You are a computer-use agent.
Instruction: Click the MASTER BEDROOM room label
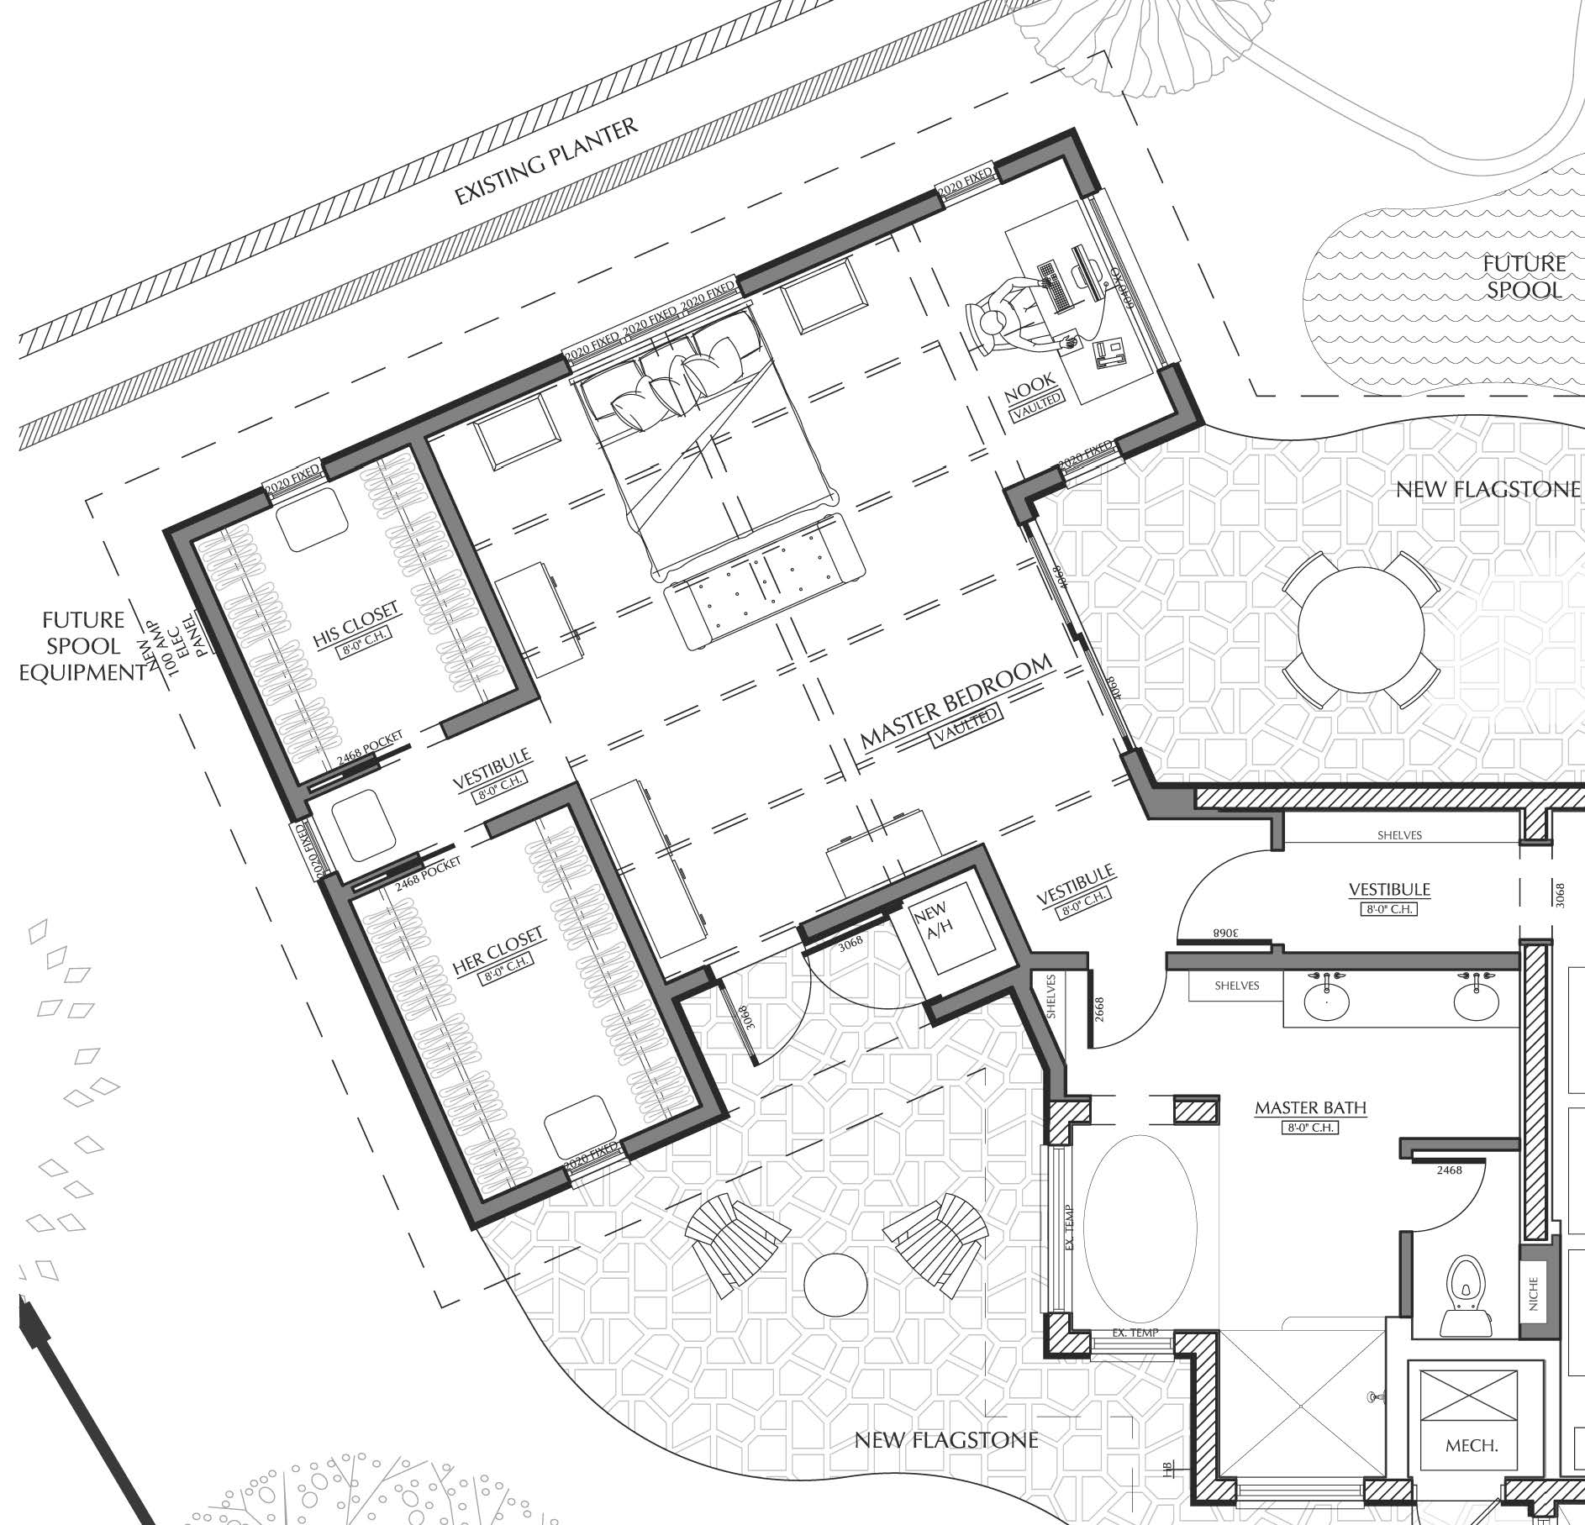956,703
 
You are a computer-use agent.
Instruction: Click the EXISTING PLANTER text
546,161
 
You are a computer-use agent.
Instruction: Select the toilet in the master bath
1466,1310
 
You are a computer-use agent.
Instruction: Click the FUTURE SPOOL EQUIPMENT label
82,646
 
